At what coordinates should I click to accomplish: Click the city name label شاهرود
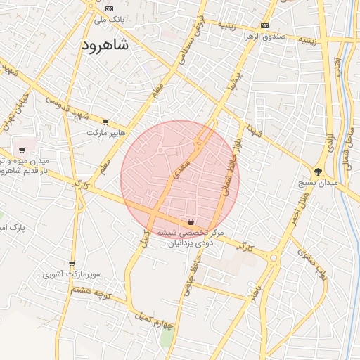pyautogui.click(x=105, y=46)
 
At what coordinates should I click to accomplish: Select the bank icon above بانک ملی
pyautogui.click(x=108, y=8)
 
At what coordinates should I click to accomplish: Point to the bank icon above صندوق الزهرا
pyautogui.click(x=264, y=26)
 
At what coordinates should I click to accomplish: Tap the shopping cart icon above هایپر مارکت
pyautogui.click(x=105, y=122)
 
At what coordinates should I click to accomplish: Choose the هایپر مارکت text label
pyautogui.click(x=105, y=132)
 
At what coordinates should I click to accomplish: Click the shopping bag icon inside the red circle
pyautogui.click(x=191, y=221)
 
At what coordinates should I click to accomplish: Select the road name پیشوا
pyautogui.click(x=237, y=84)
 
